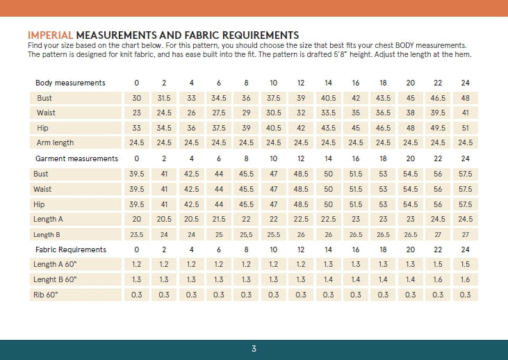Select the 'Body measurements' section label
(x=70, y=83)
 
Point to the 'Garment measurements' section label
(x=76, y=158)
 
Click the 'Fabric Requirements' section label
(x=71, y=249)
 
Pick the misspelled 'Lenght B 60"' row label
(x=55, y=279)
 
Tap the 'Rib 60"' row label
(x=45, y=295)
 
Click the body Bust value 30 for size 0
(x=137, y=99)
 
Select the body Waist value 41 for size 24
(x=465, y=113)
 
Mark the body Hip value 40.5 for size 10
(x=274, y=128)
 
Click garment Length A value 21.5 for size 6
(x=219, y=220)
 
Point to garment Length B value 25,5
(x=246, y=235)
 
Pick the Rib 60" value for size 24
(x=465, y=295)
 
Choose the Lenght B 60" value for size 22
(x=438, y=279)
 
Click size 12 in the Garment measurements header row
(x=301, y=158)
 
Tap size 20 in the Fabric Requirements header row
(x=410, y=249)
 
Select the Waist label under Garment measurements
(x=44, y=189)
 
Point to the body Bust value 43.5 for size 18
(x=383, y=99)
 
